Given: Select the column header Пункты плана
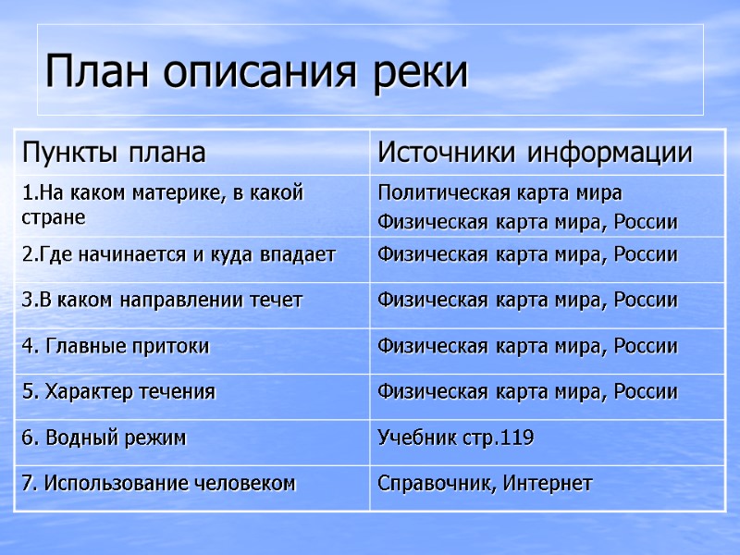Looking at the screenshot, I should (114, 152).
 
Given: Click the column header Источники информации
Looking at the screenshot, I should (536, 152).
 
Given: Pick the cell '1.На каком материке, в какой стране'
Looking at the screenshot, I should (162, 205).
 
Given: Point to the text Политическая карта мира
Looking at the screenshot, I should (499, 193).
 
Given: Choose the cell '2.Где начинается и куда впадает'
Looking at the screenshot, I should (179, 254).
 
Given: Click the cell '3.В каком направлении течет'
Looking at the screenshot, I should (162, 300).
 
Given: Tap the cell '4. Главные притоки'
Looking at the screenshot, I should (116, 346).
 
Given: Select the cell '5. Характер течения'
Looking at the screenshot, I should (118, 391).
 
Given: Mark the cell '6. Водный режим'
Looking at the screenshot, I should (104, 438).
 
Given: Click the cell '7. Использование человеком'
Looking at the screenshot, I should (158, 483).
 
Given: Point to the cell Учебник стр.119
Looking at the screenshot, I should (455, 438).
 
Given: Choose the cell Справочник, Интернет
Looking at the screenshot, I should (485, 483).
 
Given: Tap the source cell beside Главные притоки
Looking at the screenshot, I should (527, 346).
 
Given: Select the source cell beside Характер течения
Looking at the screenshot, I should (527, 391).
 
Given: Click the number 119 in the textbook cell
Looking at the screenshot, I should (516, 438).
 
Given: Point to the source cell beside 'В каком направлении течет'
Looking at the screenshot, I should (527, 300).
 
